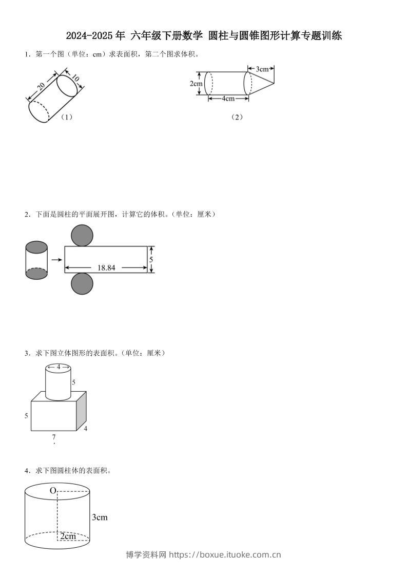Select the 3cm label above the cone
[x=262, y=68]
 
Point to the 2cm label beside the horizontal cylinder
[x=196, y=84]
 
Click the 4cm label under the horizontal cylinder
[x=228, y=99]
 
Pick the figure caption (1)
[x=66, y=117]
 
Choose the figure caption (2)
[x=237, y=117]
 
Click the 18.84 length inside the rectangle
[x=106, y=267]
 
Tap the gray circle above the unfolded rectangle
[x=82, y=236]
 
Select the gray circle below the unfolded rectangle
[x=82, y=283]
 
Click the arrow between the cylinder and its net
[x=56, y=260]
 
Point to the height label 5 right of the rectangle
[x=151, y=260]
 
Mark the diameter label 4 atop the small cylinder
[x=58, y=367]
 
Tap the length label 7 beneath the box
[x=54, y=437]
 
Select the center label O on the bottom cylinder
[x=52, y=491]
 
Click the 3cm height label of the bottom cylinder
[x=100, y=517]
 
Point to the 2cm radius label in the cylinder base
[x=68, y=536]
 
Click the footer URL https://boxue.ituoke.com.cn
[x=225, y=554]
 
